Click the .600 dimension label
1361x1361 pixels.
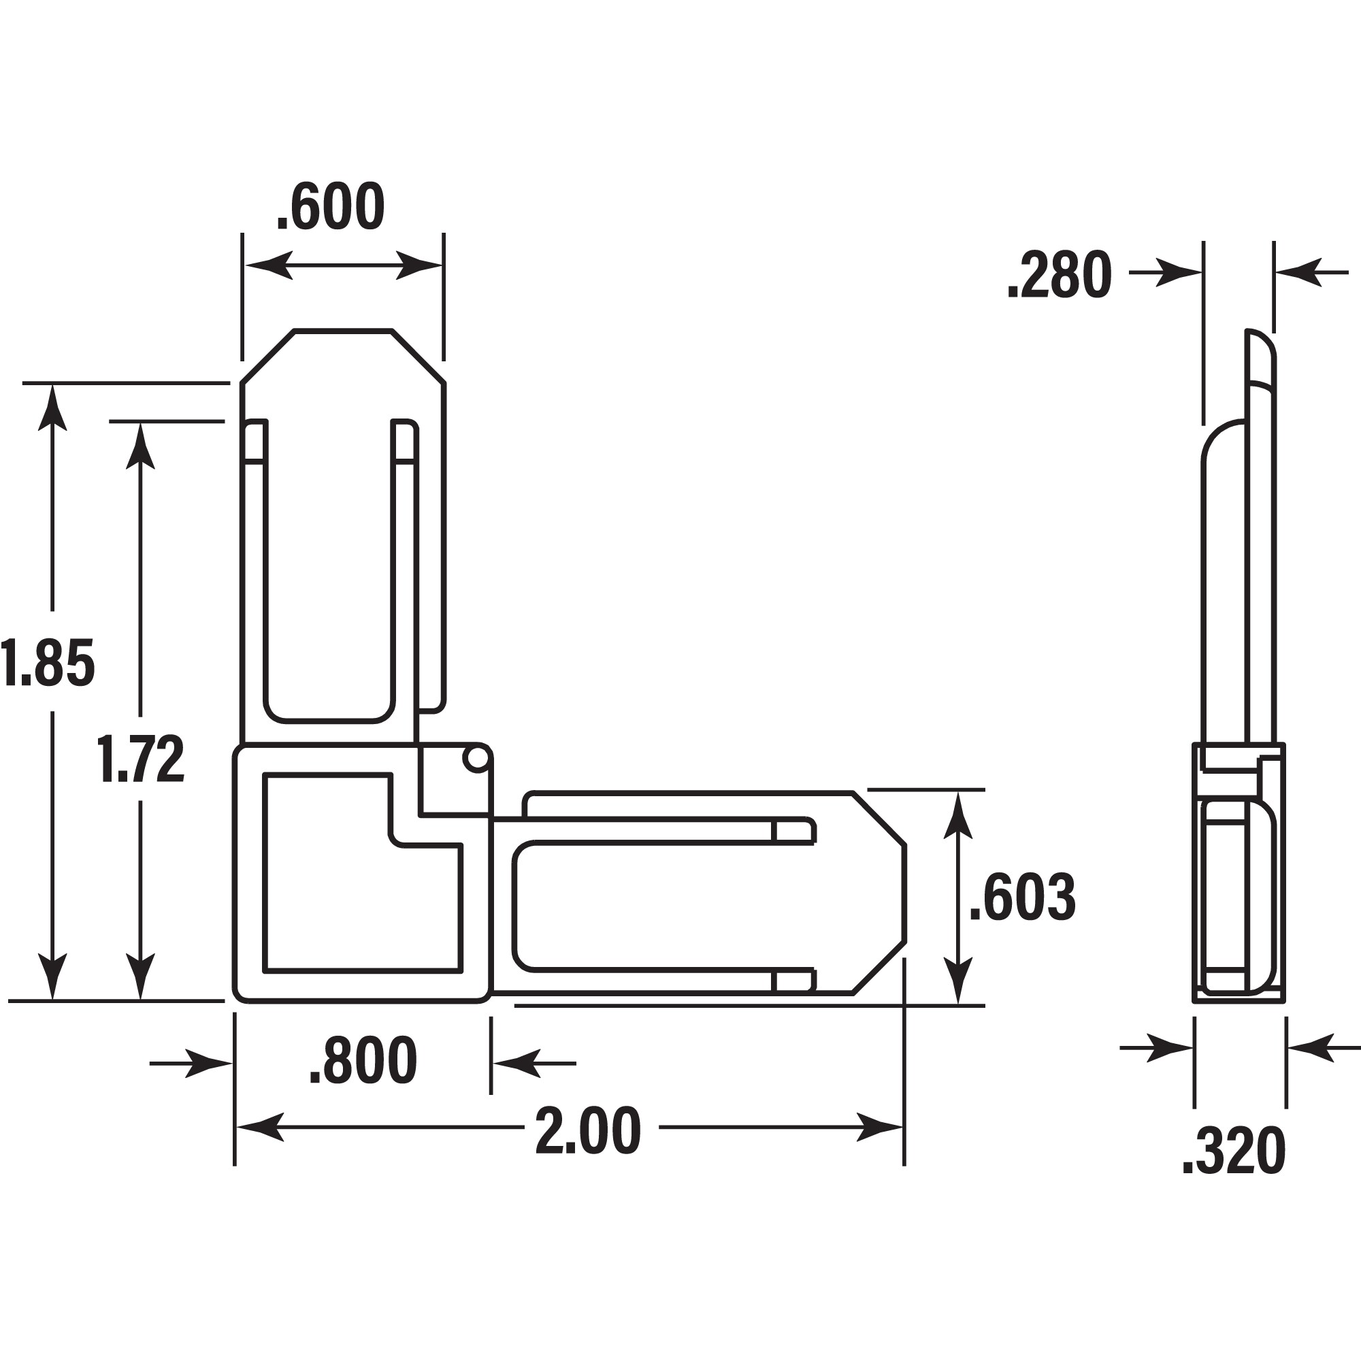(331, 207)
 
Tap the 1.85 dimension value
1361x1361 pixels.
(47, 663)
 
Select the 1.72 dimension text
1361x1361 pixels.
(141, 759)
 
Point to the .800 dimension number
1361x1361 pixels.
(363, 1060)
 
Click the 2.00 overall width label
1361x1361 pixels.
(588, 1130)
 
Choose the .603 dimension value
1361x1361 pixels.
(1022, 898)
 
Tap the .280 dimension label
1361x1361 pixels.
(1059, 276)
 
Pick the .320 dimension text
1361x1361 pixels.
(1234, 1153)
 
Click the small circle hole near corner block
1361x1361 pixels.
(476, 759)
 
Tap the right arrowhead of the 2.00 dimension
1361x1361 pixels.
(881, 1127)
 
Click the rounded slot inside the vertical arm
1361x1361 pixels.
(328, 571)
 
